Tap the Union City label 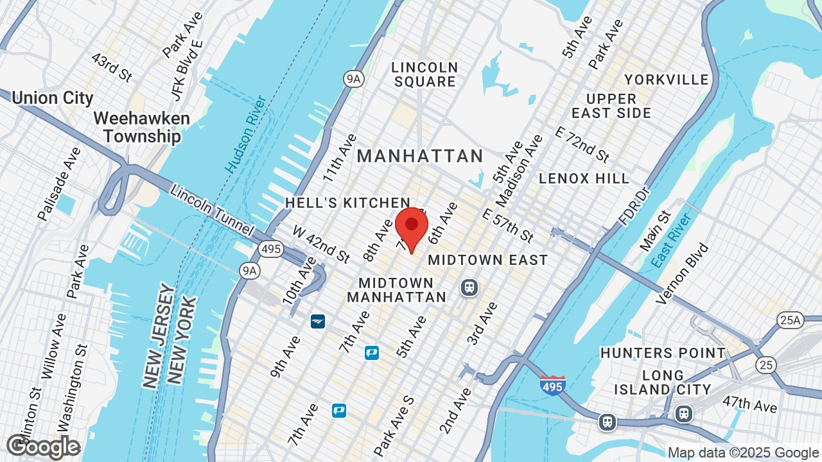click(53, 98)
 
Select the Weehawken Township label click(142, 128)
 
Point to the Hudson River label click(246, 134)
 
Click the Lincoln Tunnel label click(213, 211)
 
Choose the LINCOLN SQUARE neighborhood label click(425, 74)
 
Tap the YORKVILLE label click(667, 80)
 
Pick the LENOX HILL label click(584, 178)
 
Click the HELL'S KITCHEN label click(347, 203)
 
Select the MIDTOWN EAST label click(487, 260)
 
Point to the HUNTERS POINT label click(663, 353)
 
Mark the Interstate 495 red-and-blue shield click(553, 386)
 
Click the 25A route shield click(790, 320)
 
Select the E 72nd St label click(582, 144)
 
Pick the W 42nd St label click(321, 244)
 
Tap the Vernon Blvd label click(683, 273)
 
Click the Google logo click(43, 447)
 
